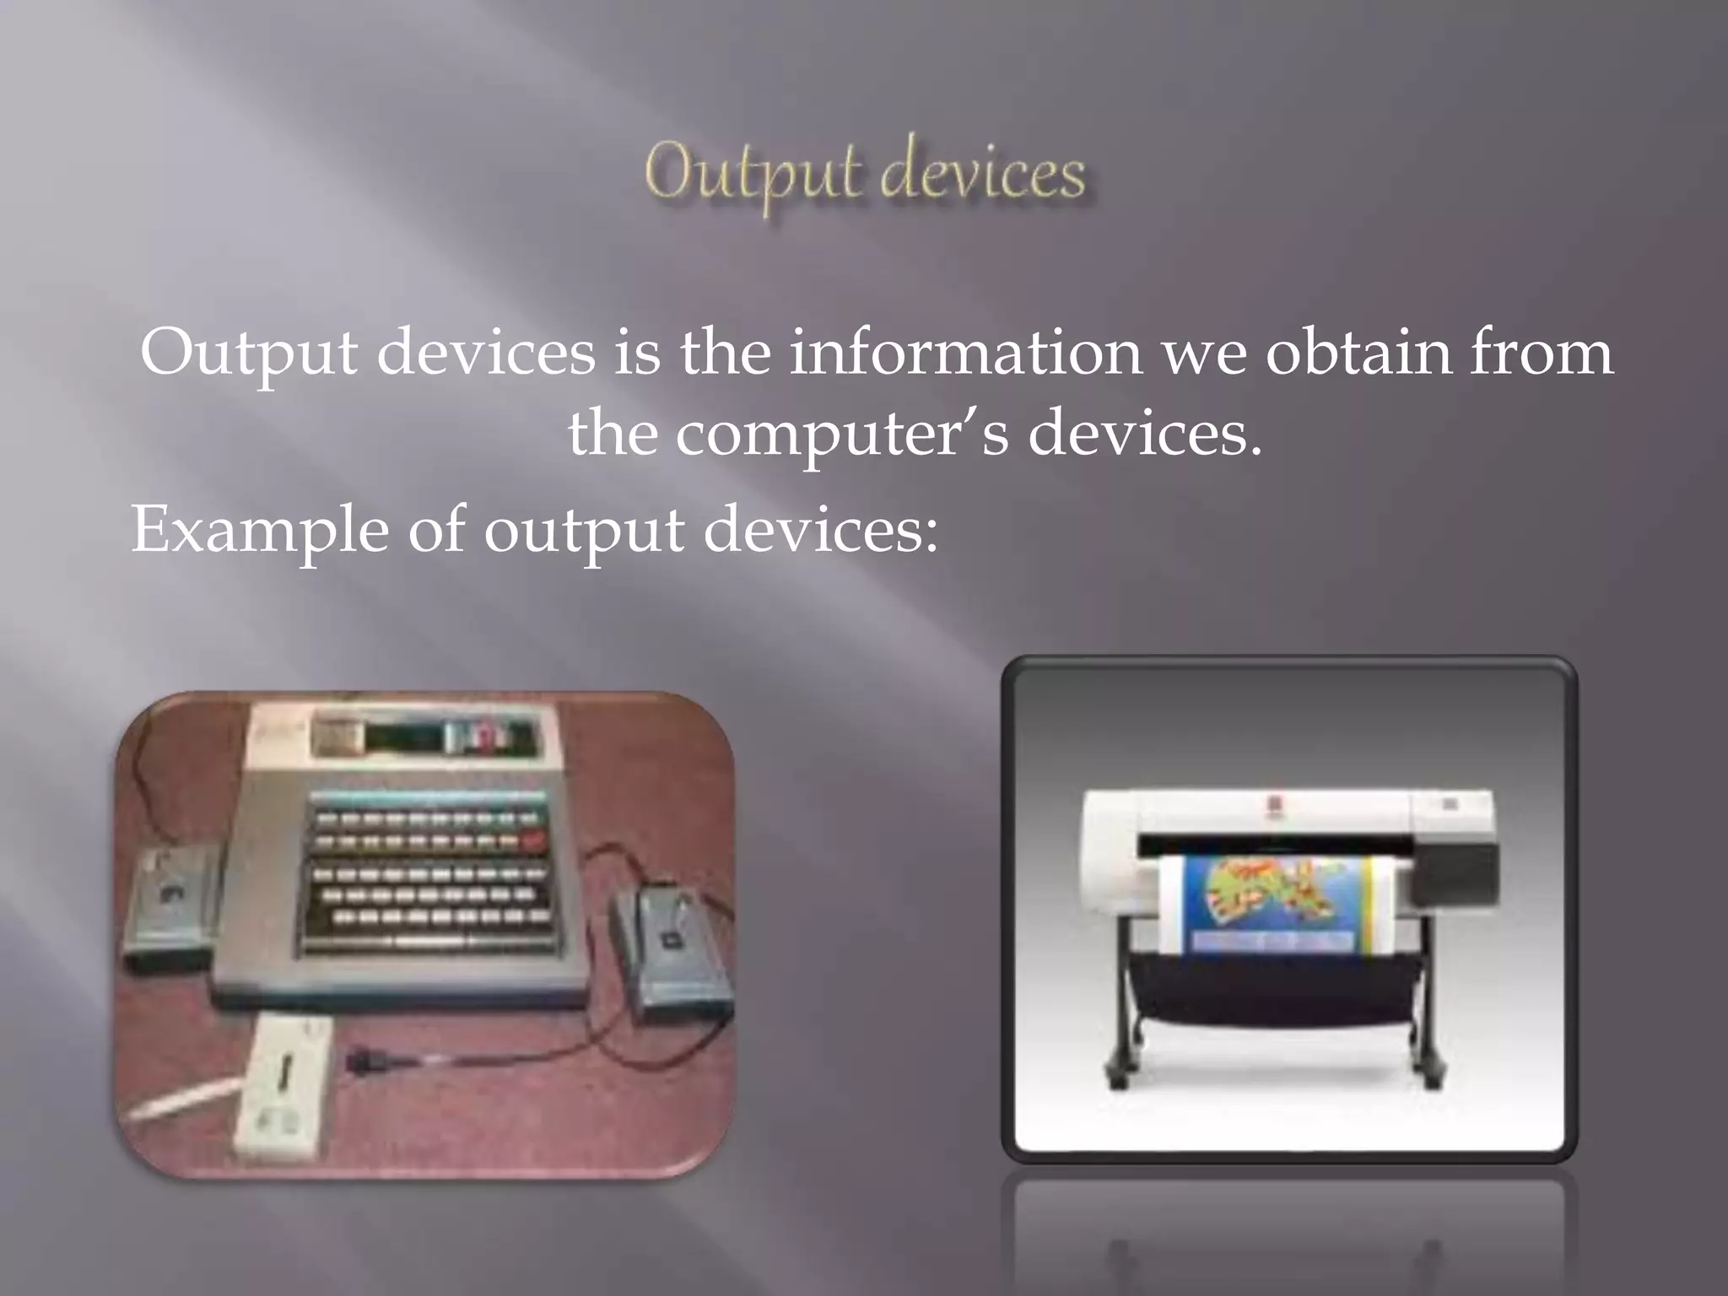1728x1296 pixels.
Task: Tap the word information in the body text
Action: [965, 353]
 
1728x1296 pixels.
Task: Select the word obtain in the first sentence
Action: [1358, 353]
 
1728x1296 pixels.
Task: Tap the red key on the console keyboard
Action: [534, 840]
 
